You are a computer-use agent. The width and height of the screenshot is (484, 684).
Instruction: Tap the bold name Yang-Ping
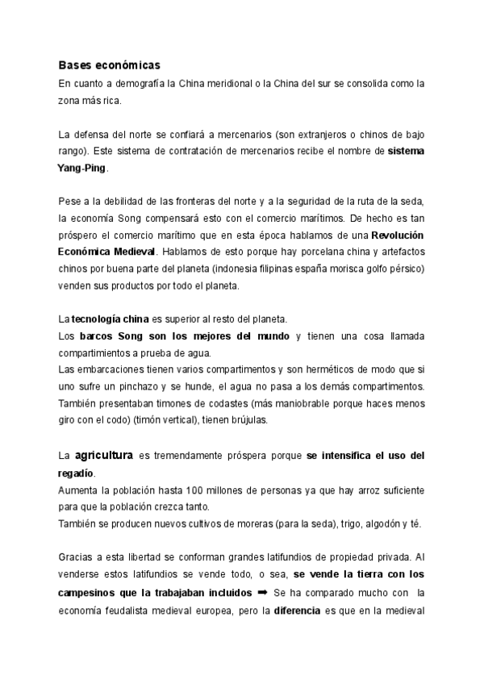(x=81, y=169)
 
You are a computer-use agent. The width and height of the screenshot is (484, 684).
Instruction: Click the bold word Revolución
(x=398, y=235)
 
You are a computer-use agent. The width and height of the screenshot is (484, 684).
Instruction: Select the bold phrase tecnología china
(x=104, y=319)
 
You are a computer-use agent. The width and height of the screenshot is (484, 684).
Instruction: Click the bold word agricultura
(x=104, y=456)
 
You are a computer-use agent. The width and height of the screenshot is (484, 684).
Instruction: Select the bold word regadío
(x=76, y=473)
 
